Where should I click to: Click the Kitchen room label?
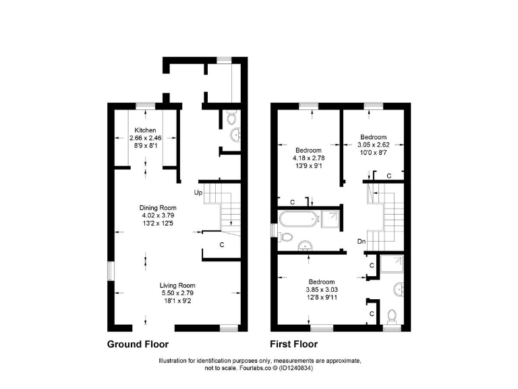145,130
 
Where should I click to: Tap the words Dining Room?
158,207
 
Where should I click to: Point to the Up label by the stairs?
198,192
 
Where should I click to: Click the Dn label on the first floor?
362,241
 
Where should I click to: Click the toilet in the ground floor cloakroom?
231,119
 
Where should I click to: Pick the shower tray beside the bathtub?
330,218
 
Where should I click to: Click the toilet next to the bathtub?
285,238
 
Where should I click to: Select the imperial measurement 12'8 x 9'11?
322,298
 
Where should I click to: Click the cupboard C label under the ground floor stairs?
222,244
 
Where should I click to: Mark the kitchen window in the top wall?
144,105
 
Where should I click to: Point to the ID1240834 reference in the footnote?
294,369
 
